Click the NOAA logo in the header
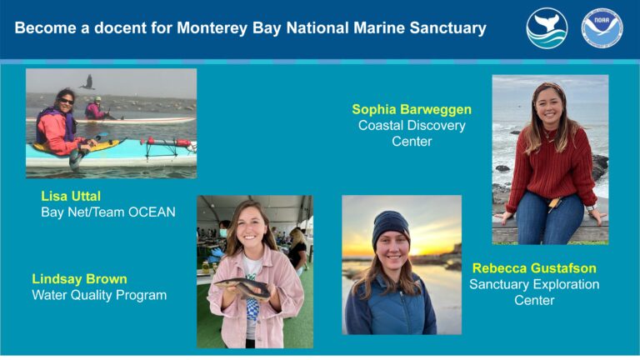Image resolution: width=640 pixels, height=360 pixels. [x=602, y=28]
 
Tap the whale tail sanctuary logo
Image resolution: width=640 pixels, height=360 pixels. [x=547, y=28]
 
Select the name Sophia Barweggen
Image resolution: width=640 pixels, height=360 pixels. [x=412, y=109]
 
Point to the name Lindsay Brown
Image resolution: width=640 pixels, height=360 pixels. [x=80, y=278]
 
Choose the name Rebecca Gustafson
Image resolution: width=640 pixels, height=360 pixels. [x=534, y=268]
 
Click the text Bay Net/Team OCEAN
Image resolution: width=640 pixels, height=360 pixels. [x=108, y=212]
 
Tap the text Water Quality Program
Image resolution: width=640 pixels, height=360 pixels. [x=99, y=295]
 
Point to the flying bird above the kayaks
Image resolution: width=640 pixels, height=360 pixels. [x=87, y=82]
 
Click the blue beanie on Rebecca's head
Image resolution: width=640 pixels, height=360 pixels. [x=390, y=224]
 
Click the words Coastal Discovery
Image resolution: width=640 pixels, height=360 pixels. [x=412, y=126]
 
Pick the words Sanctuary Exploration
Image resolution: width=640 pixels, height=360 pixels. [x=534, y=285]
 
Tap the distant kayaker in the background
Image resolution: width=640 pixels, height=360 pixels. [x=97, y=109]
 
